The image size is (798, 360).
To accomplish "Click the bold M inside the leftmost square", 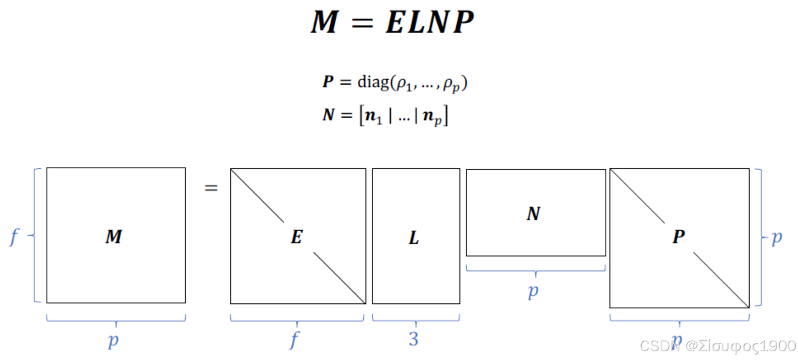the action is [x=113, y=237].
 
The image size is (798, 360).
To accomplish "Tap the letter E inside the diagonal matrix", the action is [x=297, y=237].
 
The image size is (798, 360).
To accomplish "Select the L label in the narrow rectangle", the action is [x=414, y=237].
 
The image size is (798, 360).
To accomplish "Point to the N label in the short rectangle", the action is [x=533, y=214].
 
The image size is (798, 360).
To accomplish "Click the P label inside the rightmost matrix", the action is [x=679, y=237].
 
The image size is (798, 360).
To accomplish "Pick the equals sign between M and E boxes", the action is [x=211, y=188].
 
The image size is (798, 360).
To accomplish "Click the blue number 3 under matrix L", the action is [x=414, y=339].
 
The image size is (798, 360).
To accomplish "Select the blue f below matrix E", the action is [x=295, y=340].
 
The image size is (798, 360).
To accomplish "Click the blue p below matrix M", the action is [x=113, y=341].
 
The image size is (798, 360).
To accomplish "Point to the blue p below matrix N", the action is [x=533, y=291].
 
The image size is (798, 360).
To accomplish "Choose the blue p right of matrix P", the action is [x=777, y=237].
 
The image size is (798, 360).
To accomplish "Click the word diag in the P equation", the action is [x=373, y=82].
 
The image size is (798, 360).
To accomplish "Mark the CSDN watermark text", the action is [x=717, y=346].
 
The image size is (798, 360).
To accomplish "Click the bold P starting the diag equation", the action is [x=328, y=82].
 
